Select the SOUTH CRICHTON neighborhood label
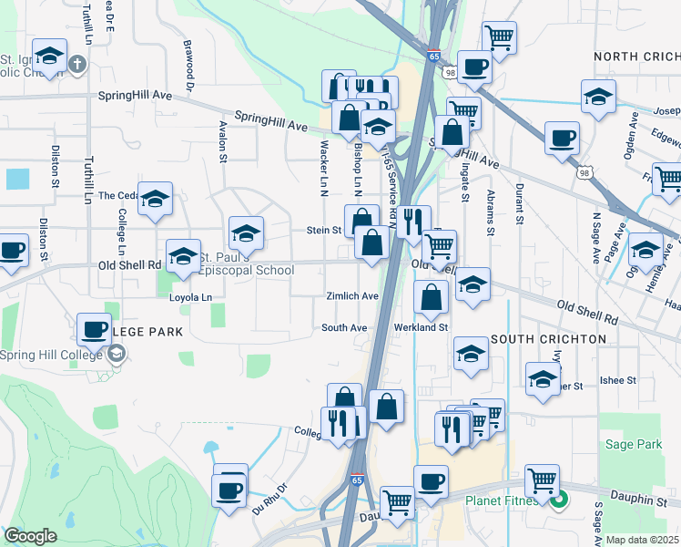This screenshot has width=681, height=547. click(x=548, y=339)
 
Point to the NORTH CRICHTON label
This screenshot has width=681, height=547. click(x=636, y=57)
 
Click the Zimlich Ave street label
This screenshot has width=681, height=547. click(x=352, y=296)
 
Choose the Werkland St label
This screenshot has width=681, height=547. click(x=421, y=327)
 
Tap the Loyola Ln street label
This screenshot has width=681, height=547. click(x=190, y=297)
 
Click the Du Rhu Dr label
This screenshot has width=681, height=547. click(x=269, y=500)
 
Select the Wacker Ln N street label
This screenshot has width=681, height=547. click(x=323, y=171)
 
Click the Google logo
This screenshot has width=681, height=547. click(x=30, y=536)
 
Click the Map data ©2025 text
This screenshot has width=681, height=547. click(x=641, y=540)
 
